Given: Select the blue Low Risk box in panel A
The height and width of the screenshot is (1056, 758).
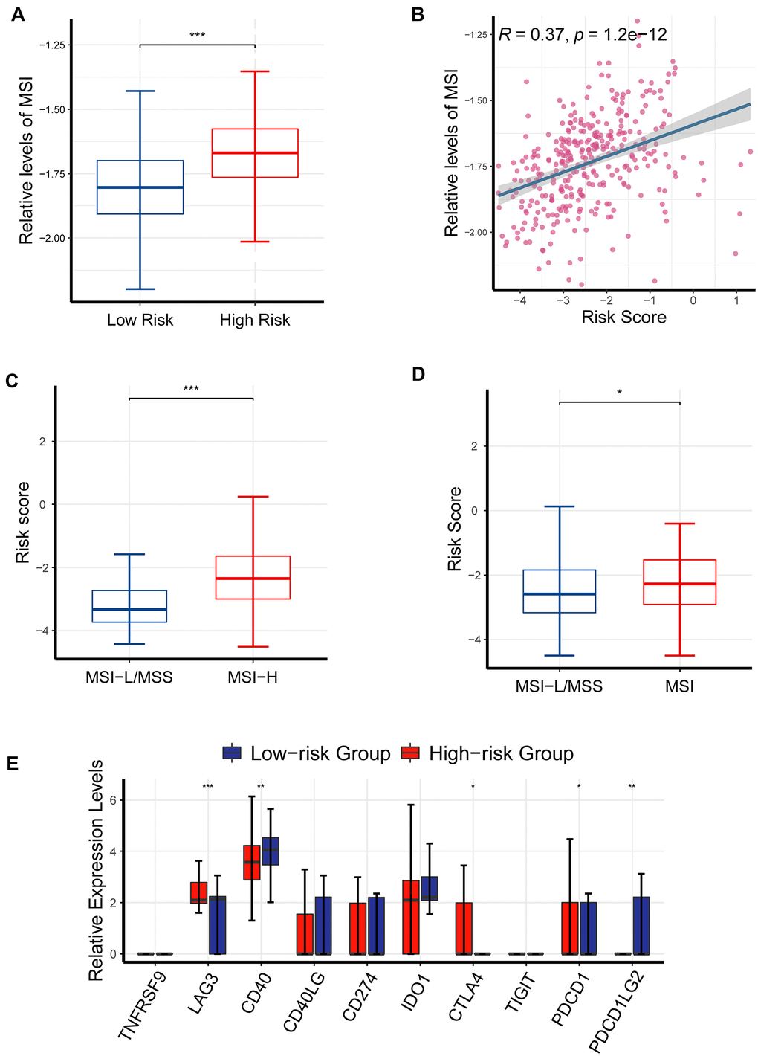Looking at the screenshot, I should (x=140, y=187).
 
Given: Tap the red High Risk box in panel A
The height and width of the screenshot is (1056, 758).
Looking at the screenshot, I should (x=255, y=152).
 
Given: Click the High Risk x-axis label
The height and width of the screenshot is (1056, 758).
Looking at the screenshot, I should (x=255, y=321).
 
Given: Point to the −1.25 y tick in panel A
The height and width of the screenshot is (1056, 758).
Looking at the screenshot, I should (x=56, y=45).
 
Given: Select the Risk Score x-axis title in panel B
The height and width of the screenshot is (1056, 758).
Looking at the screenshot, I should (x=623, y=318).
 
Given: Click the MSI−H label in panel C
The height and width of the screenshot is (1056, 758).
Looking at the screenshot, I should (x=253, y=677).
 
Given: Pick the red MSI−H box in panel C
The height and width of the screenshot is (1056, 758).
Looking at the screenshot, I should (x=253, y=577).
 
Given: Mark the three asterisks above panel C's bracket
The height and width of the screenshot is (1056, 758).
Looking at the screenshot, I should (x=191, y=389).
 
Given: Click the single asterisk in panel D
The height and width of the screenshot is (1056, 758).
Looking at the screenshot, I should (x=619, y=393).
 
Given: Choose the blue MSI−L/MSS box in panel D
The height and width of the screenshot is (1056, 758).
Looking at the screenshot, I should (x=559, y=591).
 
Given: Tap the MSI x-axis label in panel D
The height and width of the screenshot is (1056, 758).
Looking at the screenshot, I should (x=679, y=686).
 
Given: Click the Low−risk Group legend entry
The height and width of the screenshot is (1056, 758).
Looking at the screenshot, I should (x=306, y=753).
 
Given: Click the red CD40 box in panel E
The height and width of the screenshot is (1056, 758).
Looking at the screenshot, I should (x=252, y=863).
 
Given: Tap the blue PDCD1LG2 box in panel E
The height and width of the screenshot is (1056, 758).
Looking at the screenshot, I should (x=641, y=925).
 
